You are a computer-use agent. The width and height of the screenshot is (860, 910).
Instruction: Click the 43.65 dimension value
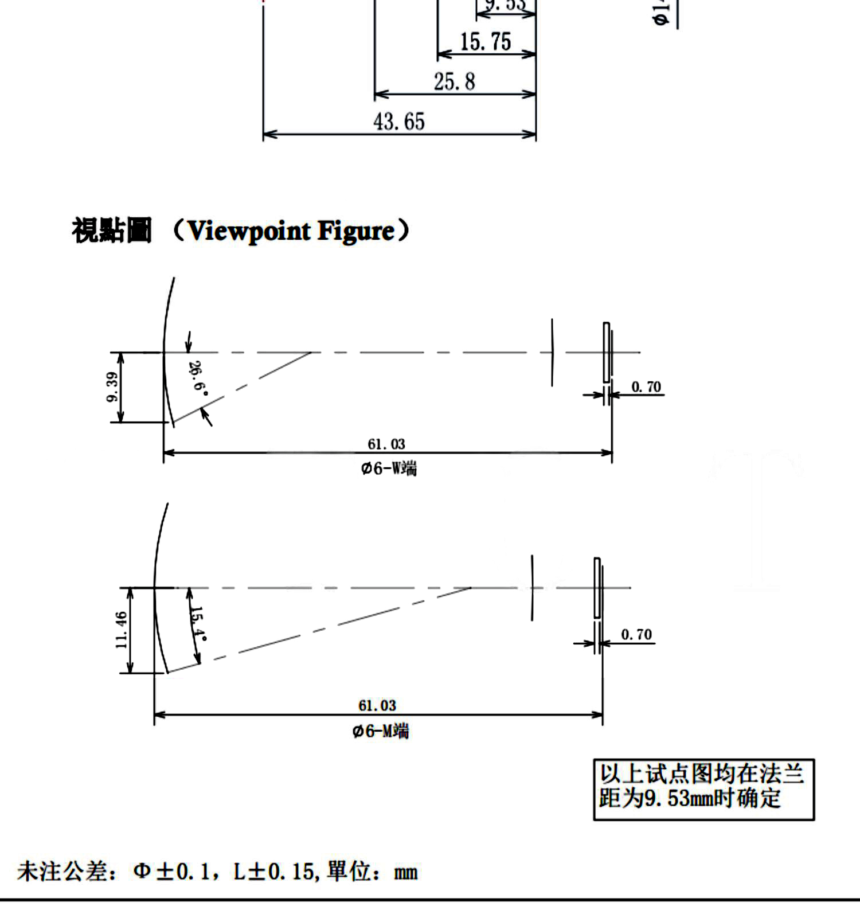tap(399, 122)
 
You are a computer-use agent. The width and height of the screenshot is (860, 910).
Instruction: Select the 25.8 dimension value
tap(454, 81)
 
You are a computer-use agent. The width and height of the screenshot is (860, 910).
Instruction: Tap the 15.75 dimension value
tap(485, 42)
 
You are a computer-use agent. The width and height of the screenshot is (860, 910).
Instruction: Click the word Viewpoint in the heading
tap(249, 231)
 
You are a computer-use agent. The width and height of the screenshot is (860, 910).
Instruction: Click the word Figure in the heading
tap(356, 231)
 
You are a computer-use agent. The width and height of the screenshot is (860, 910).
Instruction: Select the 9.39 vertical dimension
tap(112, 387)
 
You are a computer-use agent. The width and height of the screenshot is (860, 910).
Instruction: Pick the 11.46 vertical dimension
tap(121, 630)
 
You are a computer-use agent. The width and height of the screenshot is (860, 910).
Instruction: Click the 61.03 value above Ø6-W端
tap(386, 444)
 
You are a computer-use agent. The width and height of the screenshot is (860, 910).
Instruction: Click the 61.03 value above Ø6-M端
tap(377, 705)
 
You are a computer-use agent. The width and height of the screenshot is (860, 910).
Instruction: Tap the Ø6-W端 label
tap(388, 468)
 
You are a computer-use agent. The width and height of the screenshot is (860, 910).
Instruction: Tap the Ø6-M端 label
tap(380, 731)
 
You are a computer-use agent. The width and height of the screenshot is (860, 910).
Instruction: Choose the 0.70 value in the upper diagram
tap(646, 387)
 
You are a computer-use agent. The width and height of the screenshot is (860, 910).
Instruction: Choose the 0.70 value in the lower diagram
tap(636, 635)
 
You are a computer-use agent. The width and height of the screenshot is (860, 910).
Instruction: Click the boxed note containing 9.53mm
tap(703, 790)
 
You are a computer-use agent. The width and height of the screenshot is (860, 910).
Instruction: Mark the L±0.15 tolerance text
tap(274, 872)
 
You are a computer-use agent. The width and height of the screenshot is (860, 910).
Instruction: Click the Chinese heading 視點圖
tap(112, 231)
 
